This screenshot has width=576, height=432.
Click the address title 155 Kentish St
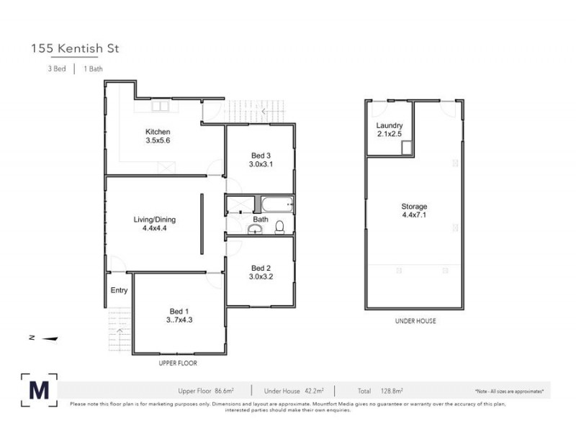(x=74, y=49)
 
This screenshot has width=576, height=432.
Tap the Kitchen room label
(x=158, y=132)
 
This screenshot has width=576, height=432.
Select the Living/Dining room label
(x=154, y=220)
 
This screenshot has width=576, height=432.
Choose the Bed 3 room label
(x=261, y=156)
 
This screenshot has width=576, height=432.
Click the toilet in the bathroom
(x=279, y=228)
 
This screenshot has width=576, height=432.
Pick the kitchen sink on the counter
(x=159, y=107)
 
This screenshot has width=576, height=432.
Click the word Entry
(x=119, y=291)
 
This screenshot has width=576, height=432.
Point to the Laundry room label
(x=390, y=126)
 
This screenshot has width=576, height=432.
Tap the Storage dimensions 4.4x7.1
(x=414, y=215)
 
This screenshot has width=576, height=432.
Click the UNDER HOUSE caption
(x=415, y=321)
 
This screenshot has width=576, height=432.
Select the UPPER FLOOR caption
(x=177, y=363)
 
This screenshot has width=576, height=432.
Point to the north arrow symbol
(x=49, y=338)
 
